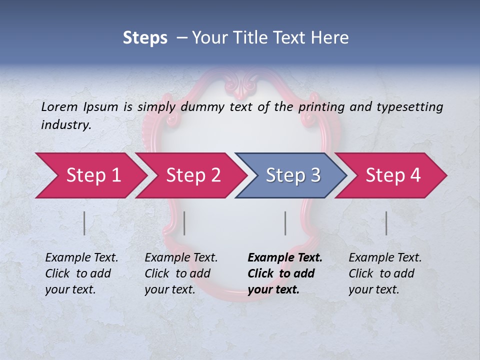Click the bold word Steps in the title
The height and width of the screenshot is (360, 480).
[145, 38]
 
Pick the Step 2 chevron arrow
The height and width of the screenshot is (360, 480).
[190, 175]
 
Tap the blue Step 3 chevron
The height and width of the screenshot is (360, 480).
[290, 175]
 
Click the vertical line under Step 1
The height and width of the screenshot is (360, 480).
[84, 223]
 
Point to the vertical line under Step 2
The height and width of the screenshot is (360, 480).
[184, 223]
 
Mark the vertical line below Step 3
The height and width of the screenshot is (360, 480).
[285, 223]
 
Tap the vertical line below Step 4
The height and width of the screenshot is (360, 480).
[386, 223]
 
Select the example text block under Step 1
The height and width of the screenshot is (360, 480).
[81, 273]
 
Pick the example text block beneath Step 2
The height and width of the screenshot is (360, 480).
[181, 273]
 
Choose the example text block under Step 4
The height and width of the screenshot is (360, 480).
[385, 273]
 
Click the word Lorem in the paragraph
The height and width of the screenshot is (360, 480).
[58, 106]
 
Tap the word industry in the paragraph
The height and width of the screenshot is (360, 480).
[65, 125]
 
